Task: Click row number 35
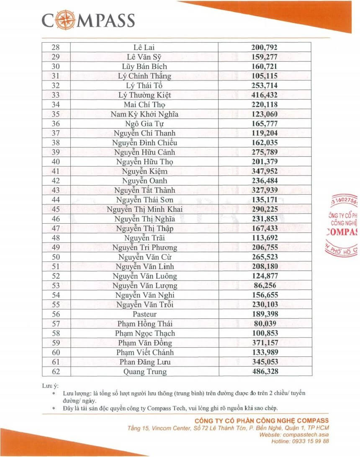(55, 114)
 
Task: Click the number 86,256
(265, 285)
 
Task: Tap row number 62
(55, 371)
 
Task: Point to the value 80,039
(265, 323)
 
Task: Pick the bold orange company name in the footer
(262, 421)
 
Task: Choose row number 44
(55, 200)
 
